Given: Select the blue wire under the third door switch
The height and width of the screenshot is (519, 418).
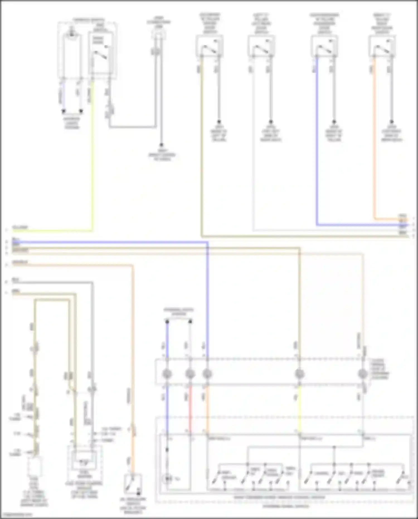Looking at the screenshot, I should (317, 139).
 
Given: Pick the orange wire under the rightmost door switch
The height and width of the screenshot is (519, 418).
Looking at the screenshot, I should (374, 139).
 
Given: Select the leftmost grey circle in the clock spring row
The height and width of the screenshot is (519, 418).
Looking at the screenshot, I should (167, 374).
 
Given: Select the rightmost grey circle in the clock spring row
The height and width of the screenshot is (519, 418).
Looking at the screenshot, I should (363, 374).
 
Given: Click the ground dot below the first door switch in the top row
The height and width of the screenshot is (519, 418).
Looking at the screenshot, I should (219, 122).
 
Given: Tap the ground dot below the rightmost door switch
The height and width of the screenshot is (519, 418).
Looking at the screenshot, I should (392, 122).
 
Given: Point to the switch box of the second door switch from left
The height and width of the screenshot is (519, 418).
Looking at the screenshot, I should (261, 46).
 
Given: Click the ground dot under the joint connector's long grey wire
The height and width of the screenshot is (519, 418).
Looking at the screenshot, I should (161, 145).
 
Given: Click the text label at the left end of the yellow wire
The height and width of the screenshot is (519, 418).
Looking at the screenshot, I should (20, 228).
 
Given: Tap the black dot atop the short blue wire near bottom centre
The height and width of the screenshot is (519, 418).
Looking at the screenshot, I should (167, 322).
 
